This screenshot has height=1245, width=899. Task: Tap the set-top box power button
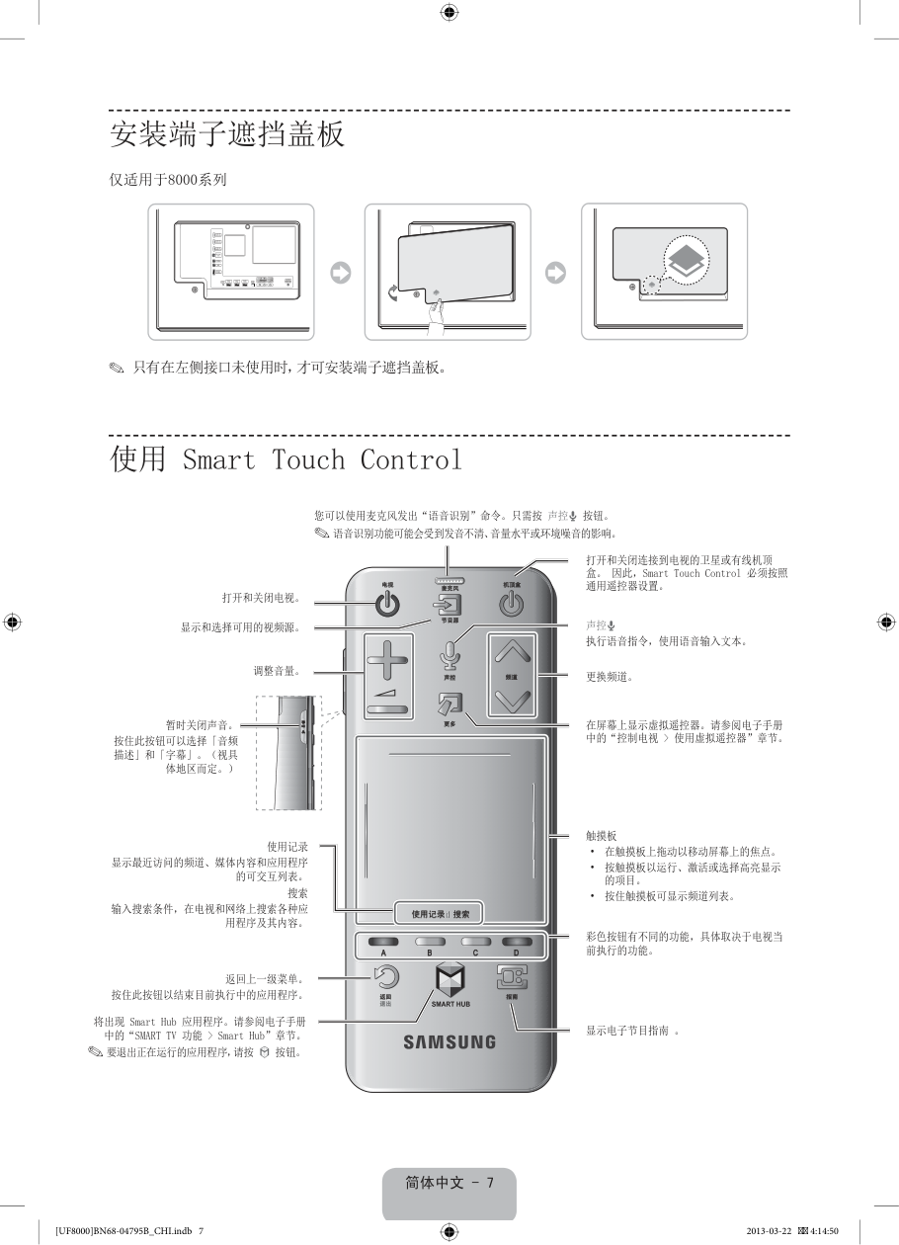tap(511, 604)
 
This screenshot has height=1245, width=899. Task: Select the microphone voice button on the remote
tap(449, 655)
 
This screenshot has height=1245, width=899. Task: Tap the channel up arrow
tap(511, 652)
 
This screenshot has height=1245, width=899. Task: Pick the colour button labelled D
tap(516, 943)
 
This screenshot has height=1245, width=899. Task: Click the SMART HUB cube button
tap(449, 980)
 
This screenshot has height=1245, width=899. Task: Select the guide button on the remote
tap(512, 977)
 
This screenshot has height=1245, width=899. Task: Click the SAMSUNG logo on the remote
tap(449, 1041)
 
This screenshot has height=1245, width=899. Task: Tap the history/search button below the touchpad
tap(441, 914)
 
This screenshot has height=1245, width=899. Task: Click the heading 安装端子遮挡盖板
tap(227, 134)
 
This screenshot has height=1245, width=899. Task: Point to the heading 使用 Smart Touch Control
tap(286, 459)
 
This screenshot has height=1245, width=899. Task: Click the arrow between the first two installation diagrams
tap(340, 273)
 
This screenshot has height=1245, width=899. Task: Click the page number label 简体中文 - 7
tap(449, 1183)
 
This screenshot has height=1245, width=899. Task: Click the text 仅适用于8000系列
tap(168, 179)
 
